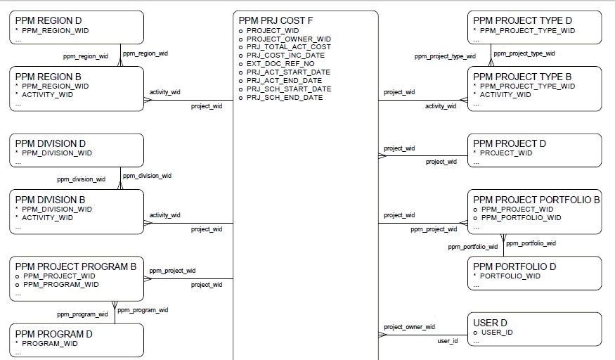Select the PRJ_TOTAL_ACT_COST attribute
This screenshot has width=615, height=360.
[288, 47]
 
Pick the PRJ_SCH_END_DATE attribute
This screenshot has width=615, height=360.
[285, 98]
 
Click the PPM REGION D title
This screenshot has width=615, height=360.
[48, 20]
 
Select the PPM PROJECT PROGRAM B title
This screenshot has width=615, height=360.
[76, 266]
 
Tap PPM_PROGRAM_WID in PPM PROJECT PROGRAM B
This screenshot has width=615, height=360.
[61, 285]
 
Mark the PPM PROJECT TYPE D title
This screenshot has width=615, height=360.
[522, 20]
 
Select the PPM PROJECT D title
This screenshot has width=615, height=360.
[510, 143]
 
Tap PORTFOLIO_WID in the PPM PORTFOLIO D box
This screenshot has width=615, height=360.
[510, 276]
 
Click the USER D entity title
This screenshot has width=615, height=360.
[491, 323]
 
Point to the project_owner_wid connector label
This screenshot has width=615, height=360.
[409, 327]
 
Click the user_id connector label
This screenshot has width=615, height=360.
[448, 341]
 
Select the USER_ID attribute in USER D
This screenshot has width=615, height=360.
[496, 332]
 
